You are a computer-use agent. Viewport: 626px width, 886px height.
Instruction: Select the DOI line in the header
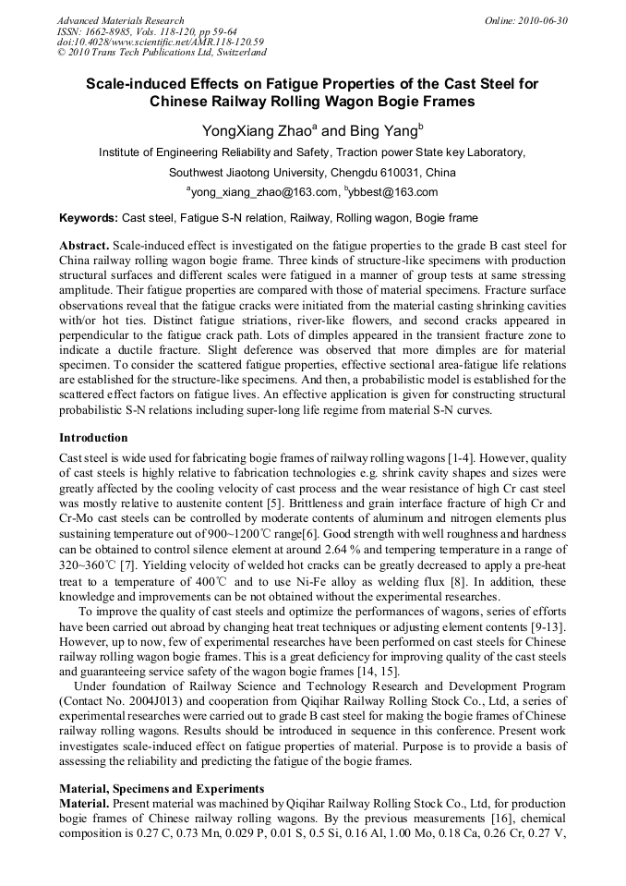click(x=160, y=42)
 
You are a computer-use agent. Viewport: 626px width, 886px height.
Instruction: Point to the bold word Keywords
click(x=88, y=219)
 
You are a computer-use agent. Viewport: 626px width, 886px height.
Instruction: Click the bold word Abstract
click(x=85, y=246)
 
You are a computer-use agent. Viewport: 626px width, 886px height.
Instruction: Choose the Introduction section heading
click(x=93, y=437)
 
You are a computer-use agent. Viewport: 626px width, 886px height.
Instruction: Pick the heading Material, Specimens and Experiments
click(x=162, y=789)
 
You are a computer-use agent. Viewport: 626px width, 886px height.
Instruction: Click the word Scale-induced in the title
click(x=141, y=84)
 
